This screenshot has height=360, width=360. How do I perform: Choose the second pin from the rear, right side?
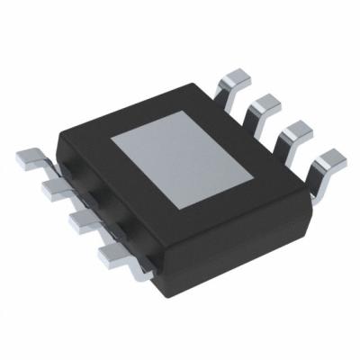266,105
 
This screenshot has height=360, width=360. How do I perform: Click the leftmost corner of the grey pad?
111,143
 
